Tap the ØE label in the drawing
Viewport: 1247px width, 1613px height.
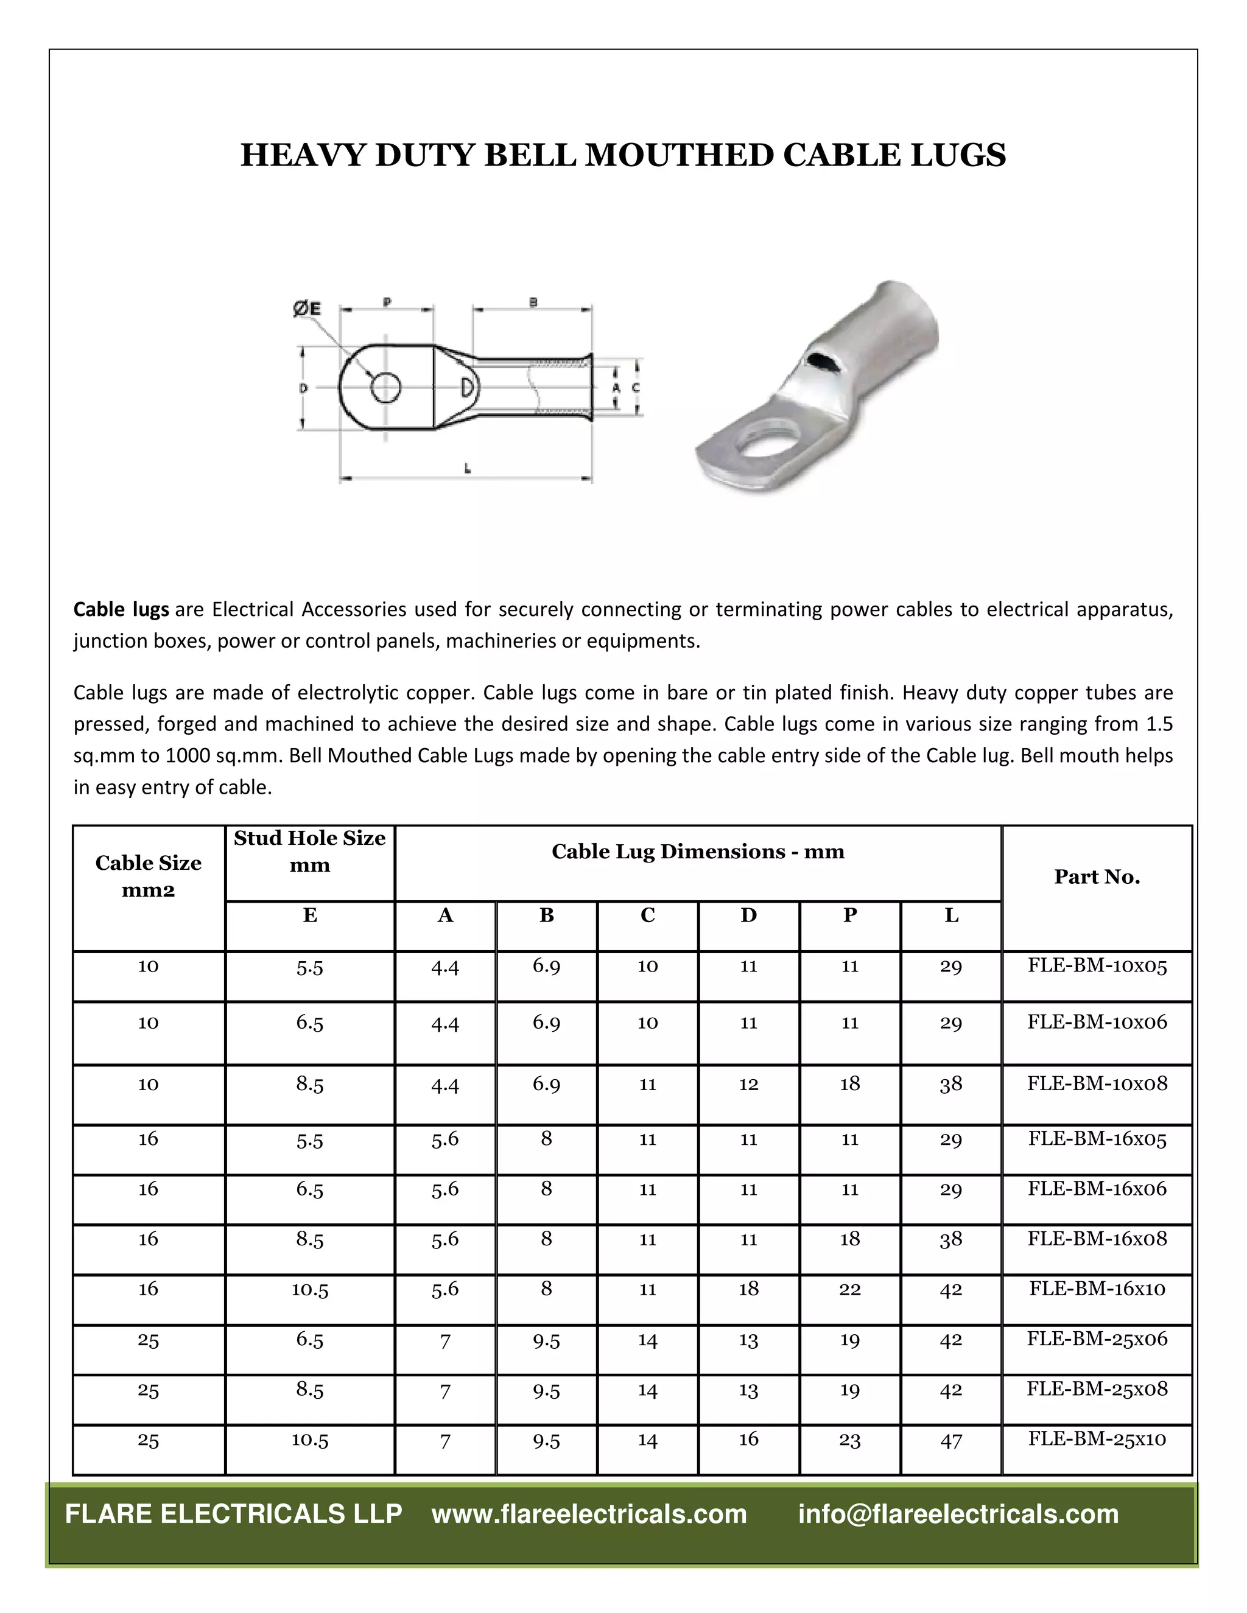pos(307,309)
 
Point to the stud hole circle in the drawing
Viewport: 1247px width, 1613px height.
pos(385,387)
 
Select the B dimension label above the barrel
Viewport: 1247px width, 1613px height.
pos(533,301)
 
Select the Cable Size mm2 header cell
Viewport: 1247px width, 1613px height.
pos(149,876)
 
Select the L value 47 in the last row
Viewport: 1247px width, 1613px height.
pos(950,1441)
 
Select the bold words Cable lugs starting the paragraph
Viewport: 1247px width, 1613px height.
pos(121,609)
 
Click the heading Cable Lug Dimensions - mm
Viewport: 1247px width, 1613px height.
pos(697,852)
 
